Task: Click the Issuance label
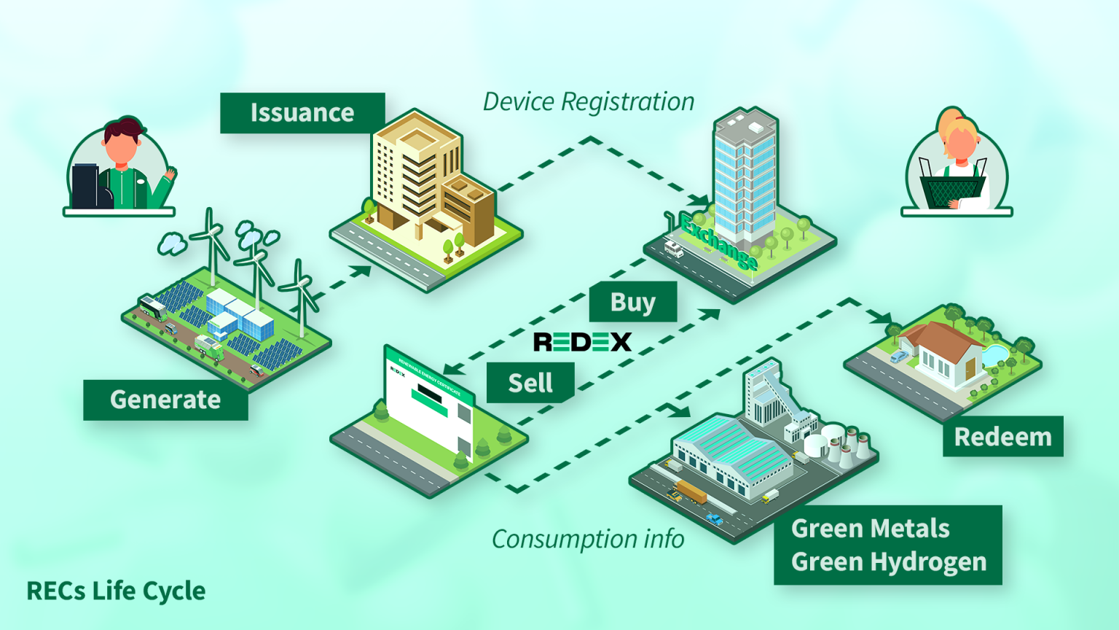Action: click(302, 113)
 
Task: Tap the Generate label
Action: click(165, 400)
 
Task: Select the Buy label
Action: click(632, 302)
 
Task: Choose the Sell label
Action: click(530, 383)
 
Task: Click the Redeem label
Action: click(1002, 437)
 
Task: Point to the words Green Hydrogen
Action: click(889, 562)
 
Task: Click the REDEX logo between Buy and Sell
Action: click(582, 341)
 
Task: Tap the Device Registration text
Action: click(589, 102)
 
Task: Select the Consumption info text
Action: click(588, 540)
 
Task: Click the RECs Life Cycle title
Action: click(116, 591)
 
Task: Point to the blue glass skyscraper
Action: click(744, 175)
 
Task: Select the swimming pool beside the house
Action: click(994, 355)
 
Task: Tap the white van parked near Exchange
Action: click(674, 250)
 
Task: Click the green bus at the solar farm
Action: click(152, 308)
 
